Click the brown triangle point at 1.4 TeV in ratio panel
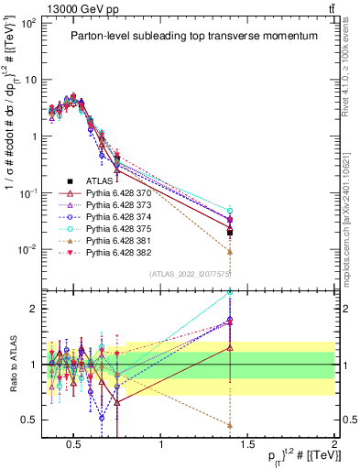[x=230, y=424]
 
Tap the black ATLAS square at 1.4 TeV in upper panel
[x=230, y=233]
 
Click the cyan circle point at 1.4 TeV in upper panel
[x=230, y=211]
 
